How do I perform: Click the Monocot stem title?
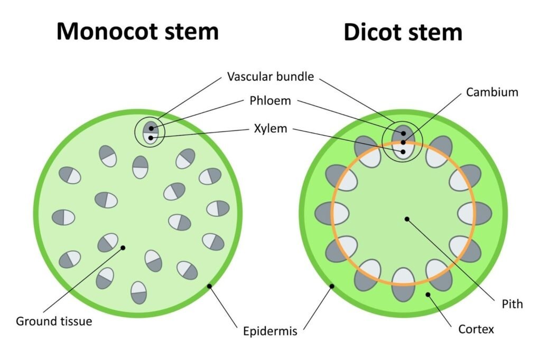pyautogui.click(x=137, y=31)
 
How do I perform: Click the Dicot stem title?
pyautogui.click(x=403, y=32)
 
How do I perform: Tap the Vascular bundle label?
pyautogui.click(x=270, y=77)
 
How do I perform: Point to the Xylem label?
pyautogui.click(x=271, y=128)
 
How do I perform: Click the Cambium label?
pyautogui.click(x=492, y=92)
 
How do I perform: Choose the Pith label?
pyautogui.click(x=512, y=304)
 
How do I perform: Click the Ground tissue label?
pyautogui.click(x=54, y=320)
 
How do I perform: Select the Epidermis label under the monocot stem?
pyautogui.click(x=270, y=331)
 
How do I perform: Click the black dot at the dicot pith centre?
pyautogui.click(x=406, y=218)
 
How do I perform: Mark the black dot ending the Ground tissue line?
pyautogui.click(x=123, y=247)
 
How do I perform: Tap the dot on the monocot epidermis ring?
pyautogui.click(x=210, y=286)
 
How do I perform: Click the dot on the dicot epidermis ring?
pyautogui.click(x=332, y=286)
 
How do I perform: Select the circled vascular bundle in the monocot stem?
pyautogui.click(x=151, y=132)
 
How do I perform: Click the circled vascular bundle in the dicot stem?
pyautogui.click(x=403, y=142)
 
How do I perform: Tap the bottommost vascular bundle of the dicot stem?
pyautogui.click(x=403, y=284)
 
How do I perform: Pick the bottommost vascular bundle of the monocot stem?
pyautogui.click(x=138, y=292)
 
